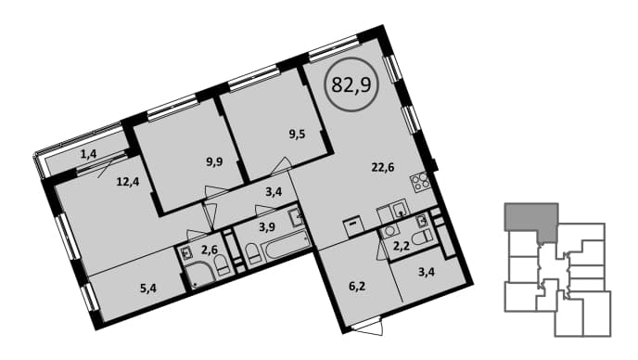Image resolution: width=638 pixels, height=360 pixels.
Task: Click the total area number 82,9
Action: click(x=351, y=84)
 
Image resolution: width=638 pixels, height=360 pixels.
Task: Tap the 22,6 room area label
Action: click(x=382, y=167)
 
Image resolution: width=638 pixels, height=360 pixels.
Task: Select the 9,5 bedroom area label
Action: click(x=297, y=135)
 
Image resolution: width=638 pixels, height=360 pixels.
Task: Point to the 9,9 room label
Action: click(x=214, y=163)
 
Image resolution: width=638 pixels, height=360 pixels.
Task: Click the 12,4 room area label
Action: click(x=128, y=181)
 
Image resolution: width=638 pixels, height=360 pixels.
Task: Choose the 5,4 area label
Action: click(x=147, y=289)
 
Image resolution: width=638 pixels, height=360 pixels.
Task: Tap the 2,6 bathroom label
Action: click(x=210, y=250)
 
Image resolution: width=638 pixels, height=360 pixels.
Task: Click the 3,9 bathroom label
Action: click(x=267, y=226)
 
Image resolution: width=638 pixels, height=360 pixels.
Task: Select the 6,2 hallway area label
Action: click(x=357, y=287)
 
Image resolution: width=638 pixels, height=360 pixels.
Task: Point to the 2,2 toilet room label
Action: click(x=402, y=245)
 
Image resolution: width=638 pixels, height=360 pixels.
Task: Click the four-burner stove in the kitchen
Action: click(x=420, y=182)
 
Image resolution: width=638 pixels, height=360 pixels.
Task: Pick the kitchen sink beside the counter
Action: click(x=399, y=210)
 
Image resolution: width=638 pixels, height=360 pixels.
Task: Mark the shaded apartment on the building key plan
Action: click(x=532, y=221)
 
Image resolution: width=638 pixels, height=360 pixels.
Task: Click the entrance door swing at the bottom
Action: click(x=368, y=327)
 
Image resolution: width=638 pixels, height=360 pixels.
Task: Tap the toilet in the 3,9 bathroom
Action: click(x=252, y=255)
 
